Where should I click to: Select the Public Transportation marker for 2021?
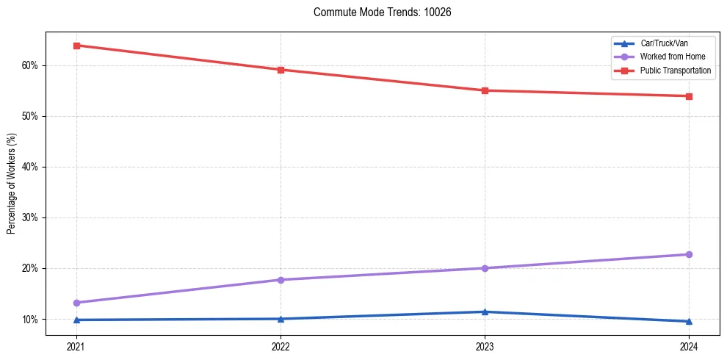click(x=76, y=46)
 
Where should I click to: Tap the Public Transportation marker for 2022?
click(x=281, y=70)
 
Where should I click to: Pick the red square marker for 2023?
click(x=485, y=90)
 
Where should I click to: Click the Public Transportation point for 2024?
click(x=689, y=96)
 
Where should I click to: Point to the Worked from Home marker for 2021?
click(x=76, y=303)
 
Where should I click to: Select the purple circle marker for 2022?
click(x=281, y=280)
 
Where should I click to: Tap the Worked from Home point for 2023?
click(x=485, y=268)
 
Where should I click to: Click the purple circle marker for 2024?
click(x=689, y=254)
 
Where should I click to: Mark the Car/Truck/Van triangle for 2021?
click(x=76, y=320)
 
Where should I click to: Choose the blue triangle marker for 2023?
click(x=485, y=312)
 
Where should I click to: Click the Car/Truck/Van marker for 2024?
click(x=689, y=321)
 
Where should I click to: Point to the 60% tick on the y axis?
click(x=30, y=65)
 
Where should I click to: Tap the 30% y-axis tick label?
click(x=30, y=217)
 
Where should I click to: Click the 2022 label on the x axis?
click(x=281, y=347)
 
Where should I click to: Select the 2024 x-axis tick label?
click(x=689, y=347)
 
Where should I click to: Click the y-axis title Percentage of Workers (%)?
click(x=12, y=184)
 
